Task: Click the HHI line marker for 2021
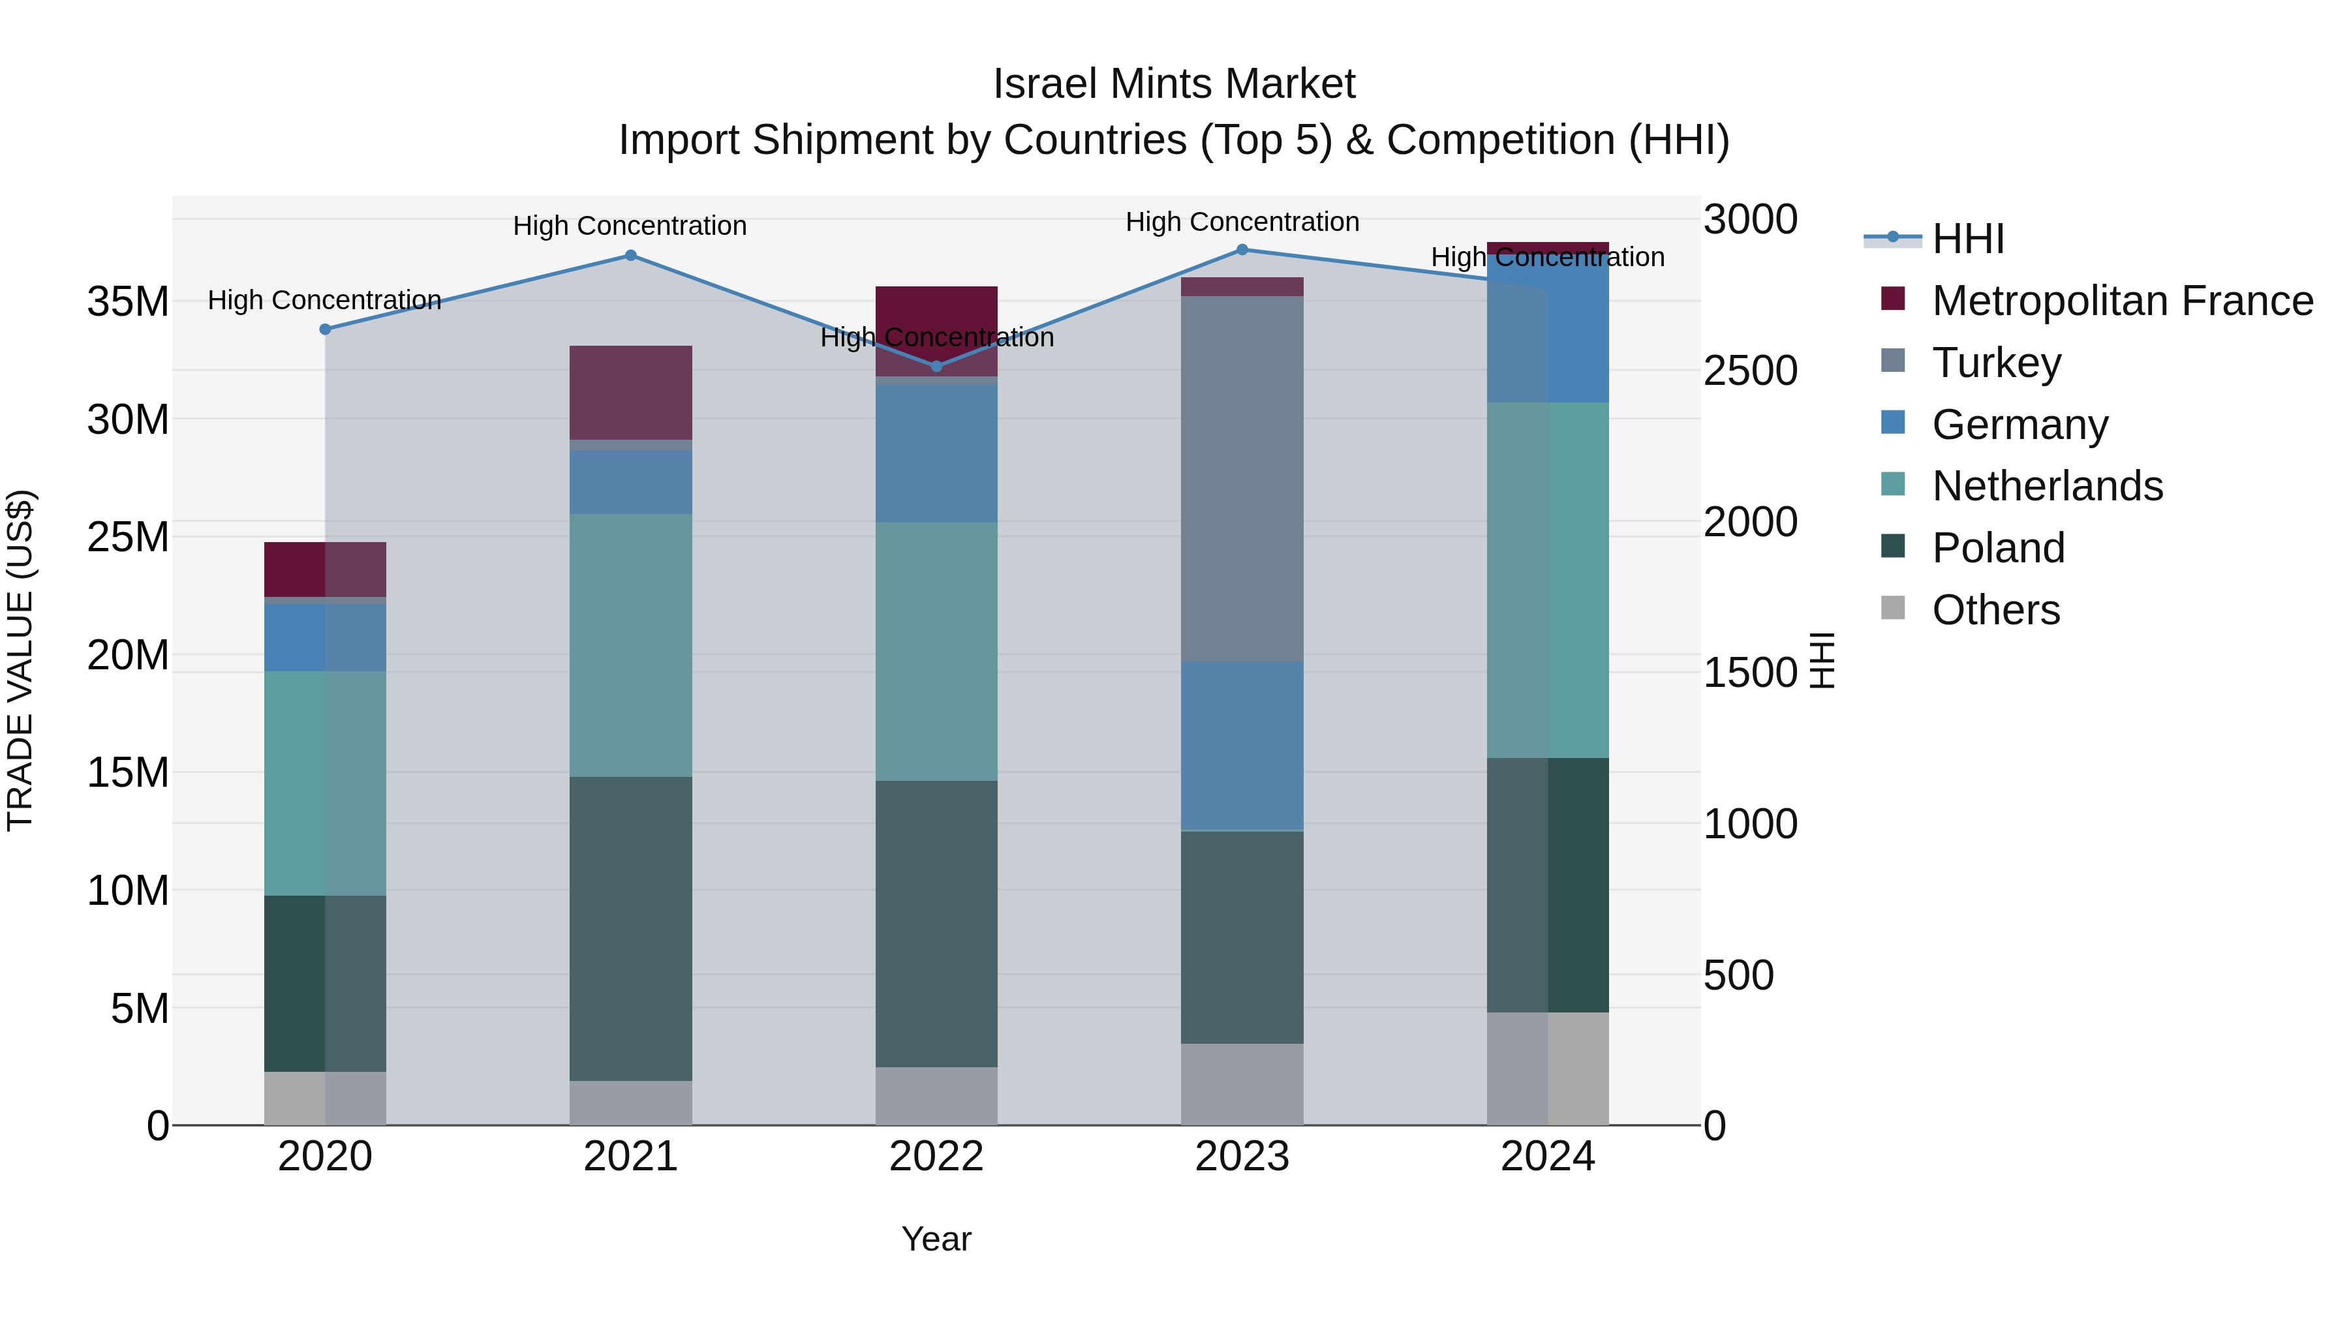click(630, 255)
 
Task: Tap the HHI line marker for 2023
click(1242, 250)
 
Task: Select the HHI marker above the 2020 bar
click(325, 329)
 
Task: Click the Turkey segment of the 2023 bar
click(1242, 479)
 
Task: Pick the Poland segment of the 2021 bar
click(630, 928)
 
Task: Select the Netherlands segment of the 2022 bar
click(936, 651)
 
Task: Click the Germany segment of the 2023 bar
click(1242, 745)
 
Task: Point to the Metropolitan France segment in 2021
click(630, 392)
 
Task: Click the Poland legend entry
click(1997, 548)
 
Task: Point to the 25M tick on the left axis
click(128, 537)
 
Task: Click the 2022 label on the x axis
click(936, 1157)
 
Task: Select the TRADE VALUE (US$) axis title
click(20, 660)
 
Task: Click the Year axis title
click(936, 1239)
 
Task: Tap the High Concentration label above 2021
click(630, 225)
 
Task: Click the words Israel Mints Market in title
click(1174, 84)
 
